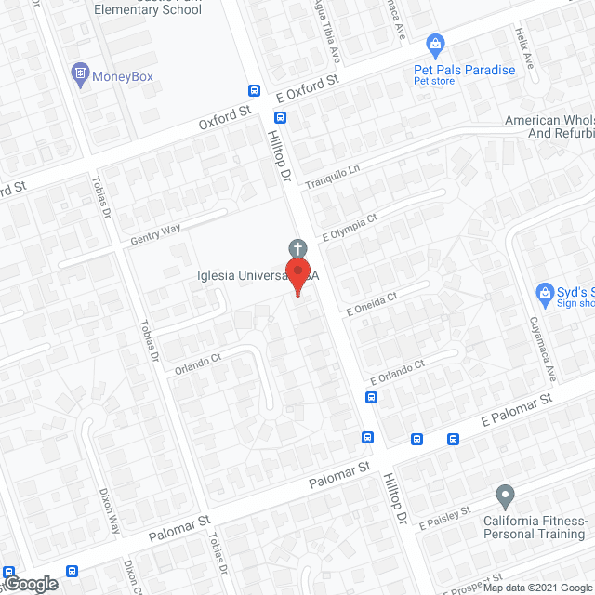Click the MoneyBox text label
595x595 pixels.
(x=123, y=76)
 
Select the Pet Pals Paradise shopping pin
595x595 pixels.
(x=433, y=43)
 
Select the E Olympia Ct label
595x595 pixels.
(x=350, y=227)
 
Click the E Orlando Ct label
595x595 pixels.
(x=397, y=372)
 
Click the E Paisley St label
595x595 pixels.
(x=445, y=518)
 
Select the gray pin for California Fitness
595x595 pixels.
(x=505, y=494)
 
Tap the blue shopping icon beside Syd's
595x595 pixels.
(x=546, y=295)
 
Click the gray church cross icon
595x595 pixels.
(x=297, y=247)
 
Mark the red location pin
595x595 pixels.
(x=297, y=275)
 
